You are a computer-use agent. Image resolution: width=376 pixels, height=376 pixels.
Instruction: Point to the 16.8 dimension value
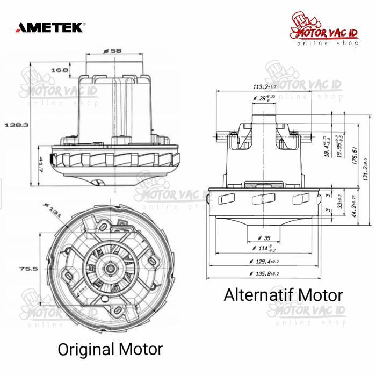(60, 70)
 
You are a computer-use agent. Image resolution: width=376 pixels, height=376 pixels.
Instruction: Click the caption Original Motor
(110, 349)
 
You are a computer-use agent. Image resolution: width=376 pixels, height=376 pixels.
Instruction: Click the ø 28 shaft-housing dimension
(264, 99)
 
